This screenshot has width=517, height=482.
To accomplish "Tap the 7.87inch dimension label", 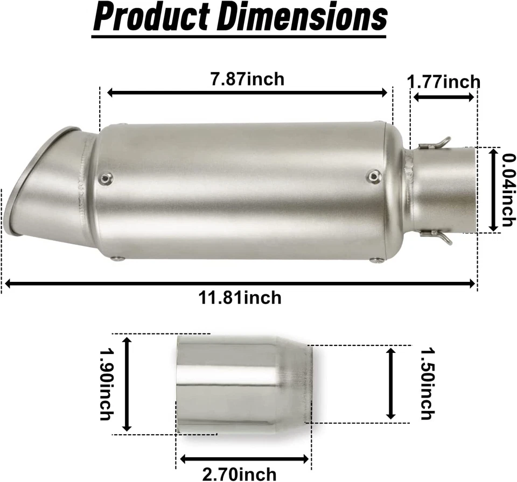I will pyautogui.click(x=247, y=79).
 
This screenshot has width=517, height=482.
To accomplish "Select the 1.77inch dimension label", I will pyautogui.click(x=444, y=82).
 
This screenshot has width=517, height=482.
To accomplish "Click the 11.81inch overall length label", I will pyautogui.click(x=239, y=297).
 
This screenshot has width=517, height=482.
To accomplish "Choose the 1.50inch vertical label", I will pyautogui.click(x=427, y=383).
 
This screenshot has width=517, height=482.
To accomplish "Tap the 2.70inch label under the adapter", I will pyautogui.click(x=240, y=474).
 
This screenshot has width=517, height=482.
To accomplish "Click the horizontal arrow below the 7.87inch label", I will pyautogui.click(x=247, y=93).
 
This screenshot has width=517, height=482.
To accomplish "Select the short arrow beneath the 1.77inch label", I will pyautogui.click(x=444, y=97).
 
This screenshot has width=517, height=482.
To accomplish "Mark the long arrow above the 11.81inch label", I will pyautogui.click(x=240, y=283).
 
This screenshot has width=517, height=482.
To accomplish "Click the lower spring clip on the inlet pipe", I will pyautogui.click(x=435, y=236).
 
